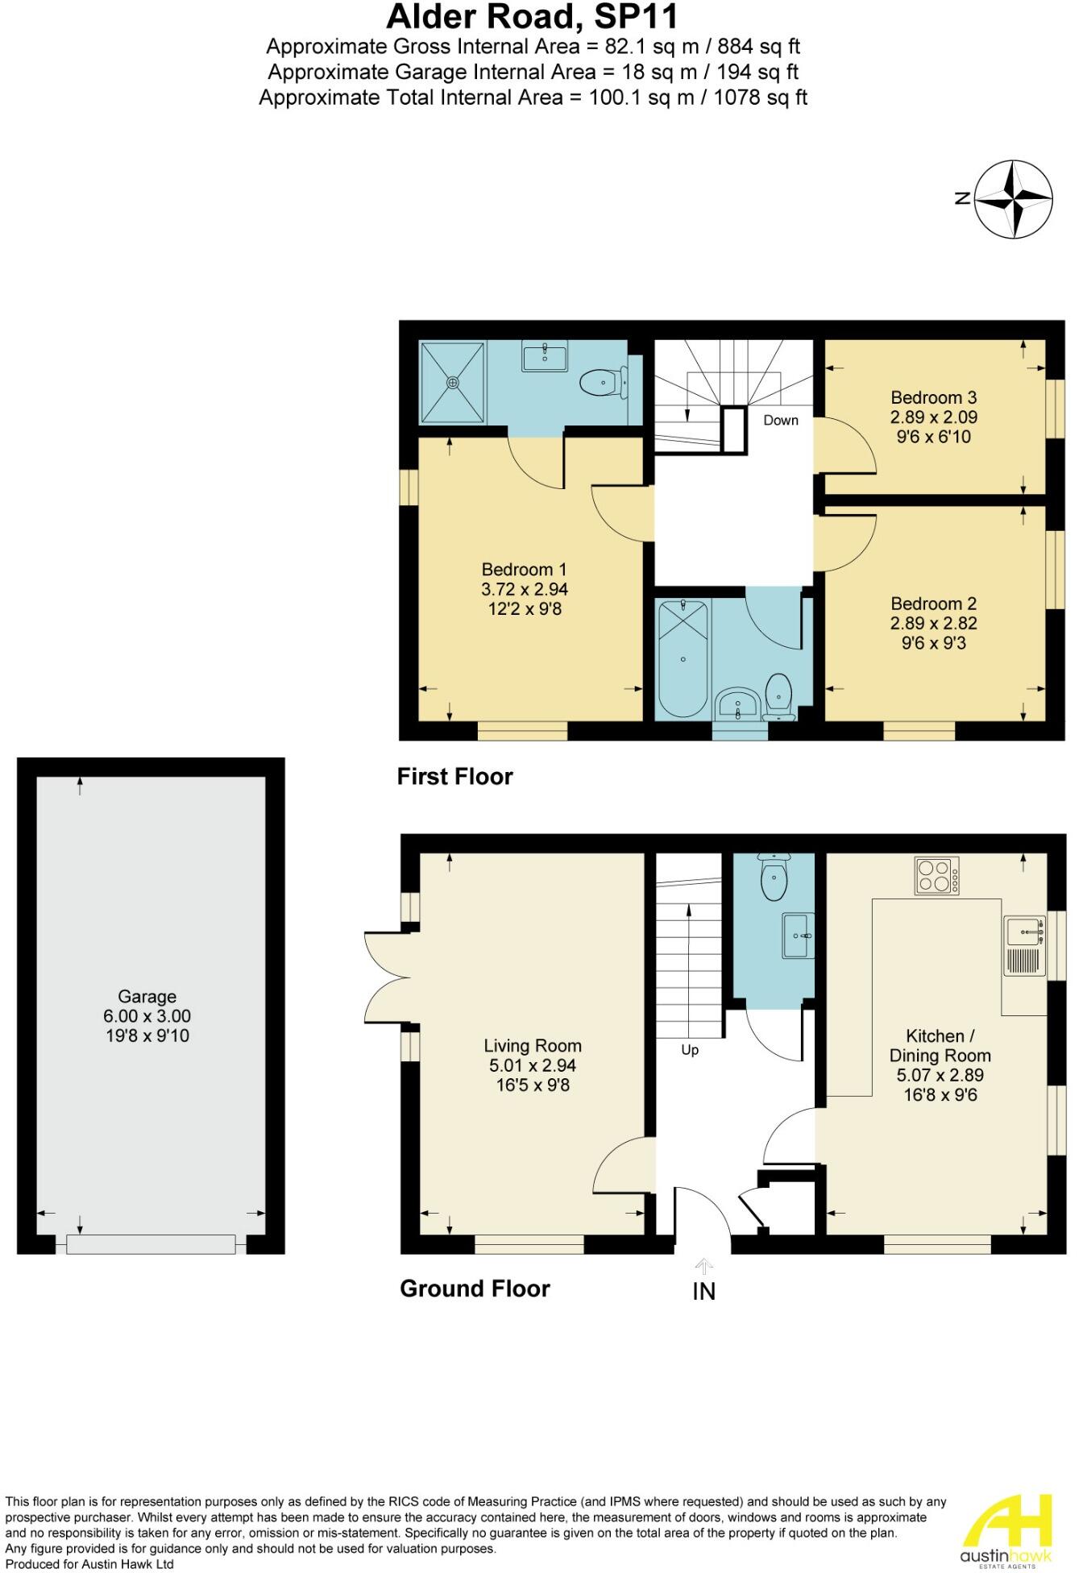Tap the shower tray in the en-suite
click(x=454, y=381)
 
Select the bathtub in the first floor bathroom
click(x=683, y=659)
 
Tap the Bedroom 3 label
click(x=933, y=397)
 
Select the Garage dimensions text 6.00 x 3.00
click(x=147, y=1016)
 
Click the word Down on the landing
click(x=780, y=420)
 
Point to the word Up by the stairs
click(x=690, y=1050)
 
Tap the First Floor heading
click(x=454, y=776)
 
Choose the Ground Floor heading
click(x=475, y=1288)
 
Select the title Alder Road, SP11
click(x=533, y=17)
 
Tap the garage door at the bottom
click(x=151, y=1244)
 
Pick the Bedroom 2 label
click(x=933, y=604)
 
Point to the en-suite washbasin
click(x=545, y=355)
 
